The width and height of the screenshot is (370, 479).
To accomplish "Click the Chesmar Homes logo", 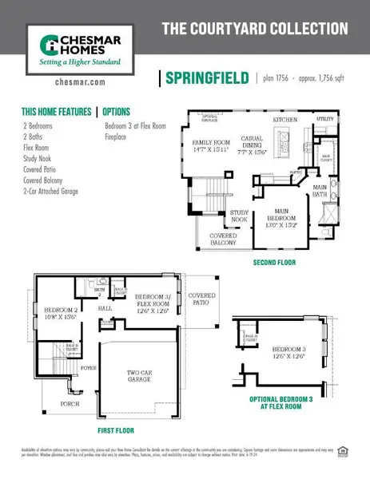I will (x=74, y=47).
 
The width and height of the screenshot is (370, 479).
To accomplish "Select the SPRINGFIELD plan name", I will (x=205, y=78).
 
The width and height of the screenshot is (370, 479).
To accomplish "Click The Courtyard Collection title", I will (x=255, y=30).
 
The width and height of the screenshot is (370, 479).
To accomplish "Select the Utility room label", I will (x=324, y=119).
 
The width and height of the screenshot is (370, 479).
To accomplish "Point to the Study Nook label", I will (x=239, y=216).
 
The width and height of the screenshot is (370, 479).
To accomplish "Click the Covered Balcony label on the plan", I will (x=223, y=239).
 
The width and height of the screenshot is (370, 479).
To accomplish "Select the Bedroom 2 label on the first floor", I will (x=61, y=312).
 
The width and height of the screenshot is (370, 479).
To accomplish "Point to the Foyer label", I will (x=87, y=369).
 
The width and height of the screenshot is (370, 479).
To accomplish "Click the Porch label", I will (x=70, y=405).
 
